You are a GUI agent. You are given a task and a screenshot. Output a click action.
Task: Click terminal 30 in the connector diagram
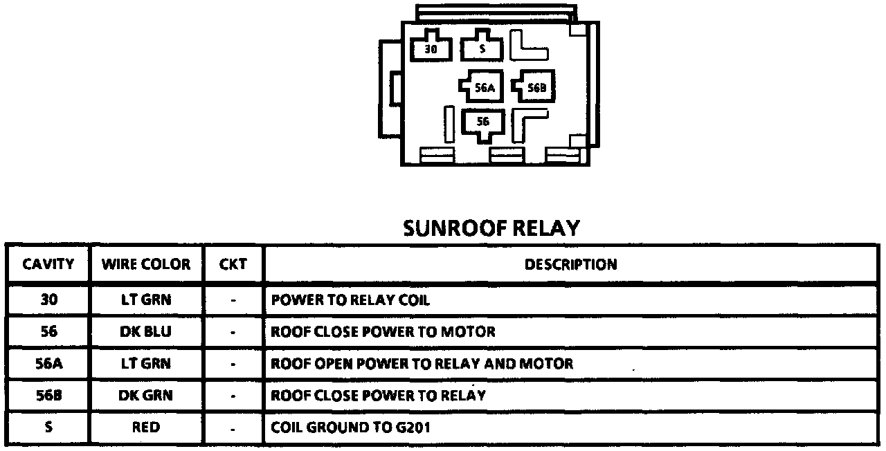pyautogui.click(x=431, y=49)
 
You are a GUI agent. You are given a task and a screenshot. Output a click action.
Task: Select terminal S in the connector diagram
pyautogui.click(x=482, y=49)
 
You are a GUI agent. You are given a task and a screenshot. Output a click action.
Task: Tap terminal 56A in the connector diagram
pyautogui.click(x=485, y=88)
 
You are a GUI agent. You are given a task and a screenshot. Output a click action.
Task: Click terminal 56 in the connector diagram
pyautogui.click(x=483, y=122)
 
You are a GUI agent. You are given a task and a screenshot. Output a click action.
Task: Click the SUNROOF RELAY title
pyautogui.click(x=491, y=228)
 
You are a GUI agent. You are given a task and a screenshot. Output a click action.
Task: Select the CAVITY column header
pyautogui.click(x=48, y=264)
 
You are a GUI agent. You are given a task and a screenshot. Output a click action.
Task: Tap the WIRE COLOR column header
pyautogui.click(x=146, y=264)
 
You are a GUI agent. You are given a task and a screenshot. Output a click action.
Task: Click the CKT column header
pyautogui.click(x=233, y=264)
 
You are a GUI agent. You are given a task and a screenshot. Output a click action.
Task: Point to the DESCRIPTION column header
pyautogui.click(x=570, y=264)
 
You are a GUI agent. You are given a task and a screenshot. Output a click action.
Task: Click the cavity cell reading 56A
pyautogui.click(x=48, y=364)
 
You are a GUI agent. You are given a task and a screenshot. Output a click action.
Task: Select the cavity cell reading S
pyautogui.click(x=48, y=427)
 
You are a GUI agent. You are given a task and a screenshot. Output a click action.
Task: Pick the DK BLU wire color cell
pyautogui.click(x=146, y=332)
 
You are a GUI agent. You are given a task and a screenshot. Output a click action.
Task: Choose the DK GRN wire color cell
pyautogui.click(x=146, y=396)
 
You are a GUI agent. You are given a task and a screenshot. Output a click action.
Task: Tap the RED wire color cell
pyautogui.click(x=146, y=427)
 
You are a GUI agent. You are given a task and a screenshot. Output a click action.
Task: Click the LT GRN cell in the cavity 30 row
pyautogui.click(x=146, y=300)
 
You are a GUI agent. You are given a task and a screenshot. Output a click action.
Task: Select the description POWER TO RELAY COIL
pyautogui.click(x=350, y=300)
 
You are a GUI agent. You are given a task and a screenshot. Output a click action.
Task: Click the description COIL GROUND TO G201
pyautogui.click(x=350, y=427)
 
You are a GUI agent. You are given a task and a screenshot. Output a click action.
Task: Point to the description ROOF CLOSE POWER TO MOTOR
pyautogui.click(x=383, y=332)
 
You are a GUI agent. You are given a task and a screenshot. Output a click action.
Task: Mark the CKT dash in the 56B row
pyautogui.click(x=233, y=396)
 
